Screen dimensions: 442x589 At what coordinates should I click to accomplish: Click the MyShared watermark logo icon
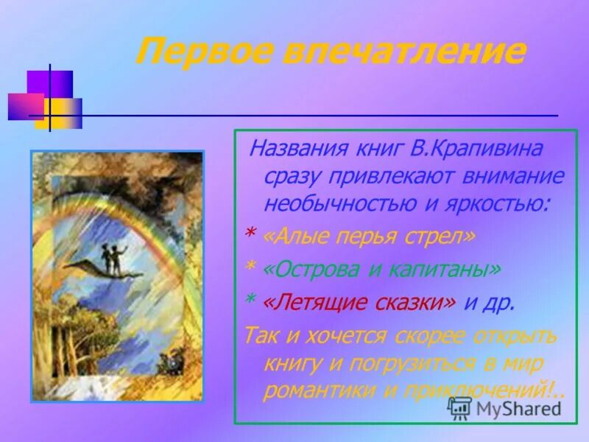tap(460, 407)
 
